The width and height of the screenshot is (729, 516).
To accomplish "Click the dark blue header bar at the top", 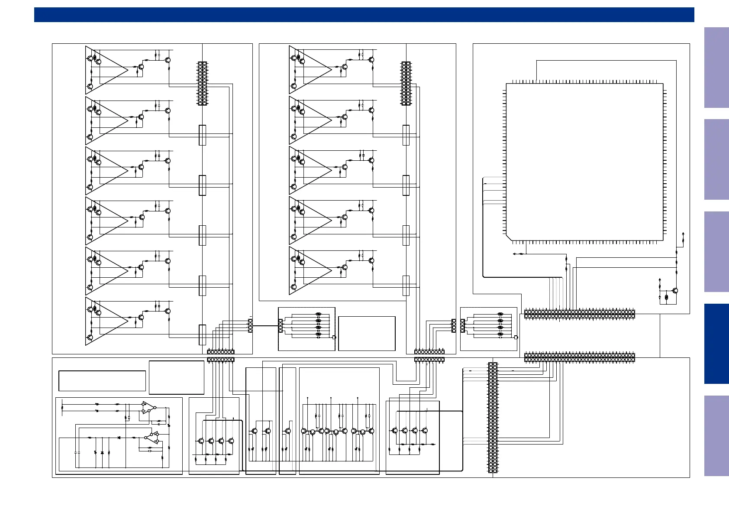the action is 364,15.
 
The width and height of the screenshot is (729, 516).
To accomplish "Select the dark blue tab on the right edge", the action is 716,344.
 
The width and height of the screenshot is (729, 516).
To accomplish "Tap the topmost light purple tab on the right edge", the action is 716,68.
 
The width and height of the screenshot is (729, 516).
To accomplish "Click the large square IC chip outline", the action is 584,162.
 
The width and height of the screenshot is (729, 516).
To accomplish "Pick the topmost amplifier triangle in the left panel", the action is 106,70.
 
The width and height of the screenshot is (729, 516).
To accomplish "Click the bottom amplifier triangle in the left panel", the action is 106,321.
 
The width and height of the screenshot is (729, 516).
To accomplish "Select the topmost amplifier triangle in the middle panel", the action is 310,70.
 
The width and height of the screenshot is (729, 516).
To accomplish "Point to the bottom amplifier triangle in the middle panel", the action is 310,271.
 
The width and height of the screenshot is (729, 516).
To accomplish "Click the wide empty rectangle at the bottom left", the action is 102,381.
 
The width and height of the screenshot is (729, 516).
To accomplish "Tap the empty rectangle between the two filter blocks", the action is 367,333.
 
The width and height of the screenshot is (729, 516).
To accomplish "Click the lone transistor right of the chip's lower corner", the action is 675,291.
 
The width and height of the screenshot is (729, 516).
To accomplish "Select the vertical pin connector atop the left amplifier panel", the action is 202,83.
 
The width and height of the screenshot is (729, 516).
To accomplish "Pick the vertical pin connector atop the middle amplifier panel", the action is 406,83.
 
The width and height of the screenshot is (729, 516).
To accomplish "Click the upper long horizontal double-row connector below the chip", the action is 579,314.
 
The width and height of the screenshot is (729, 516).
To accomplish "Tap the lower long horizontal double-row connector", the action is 579,357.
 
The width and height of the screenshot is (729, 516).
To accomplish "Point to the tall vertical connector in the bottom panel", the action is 493,418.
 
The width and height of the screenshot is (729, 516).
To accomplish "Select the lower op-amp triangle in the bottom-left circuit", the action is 152,438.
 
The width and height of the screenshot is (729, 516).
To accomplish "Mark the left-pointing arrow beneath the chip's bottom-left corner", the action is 514,254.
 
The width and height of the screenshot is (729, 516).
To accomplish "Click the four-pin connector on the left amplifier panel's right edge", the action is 250,326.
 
